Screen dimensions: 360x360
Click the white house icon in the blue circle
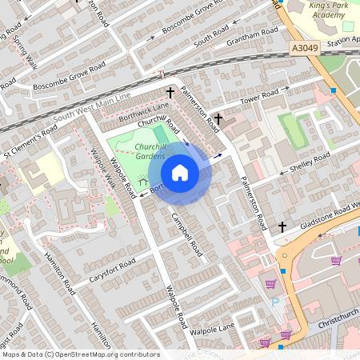tap(180, 173)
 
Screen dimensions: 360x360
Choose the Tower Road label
tap(259, 98)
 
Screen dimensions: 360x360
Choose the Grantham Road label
tap(252, 34)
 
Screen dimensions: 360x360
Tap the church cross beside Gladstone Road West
tap(282, 227)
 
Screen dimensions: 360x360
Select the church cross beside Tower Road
tap(218, 118)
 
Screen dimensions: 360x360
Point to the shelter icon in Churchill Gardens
tap(143, 182)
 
